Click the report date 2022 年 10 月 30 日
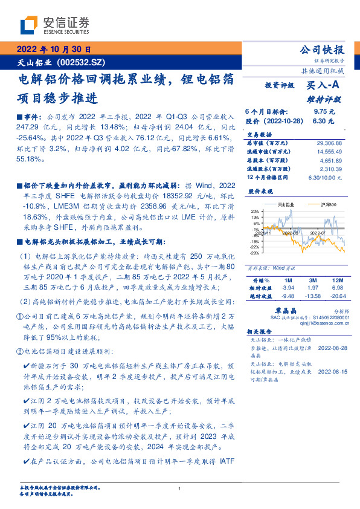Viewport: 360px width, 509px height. click(54, 50)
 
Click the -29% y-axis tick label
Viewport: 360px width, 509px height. click(256, 251)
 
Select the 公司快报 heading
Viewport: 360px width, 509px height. click(321, 50)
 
